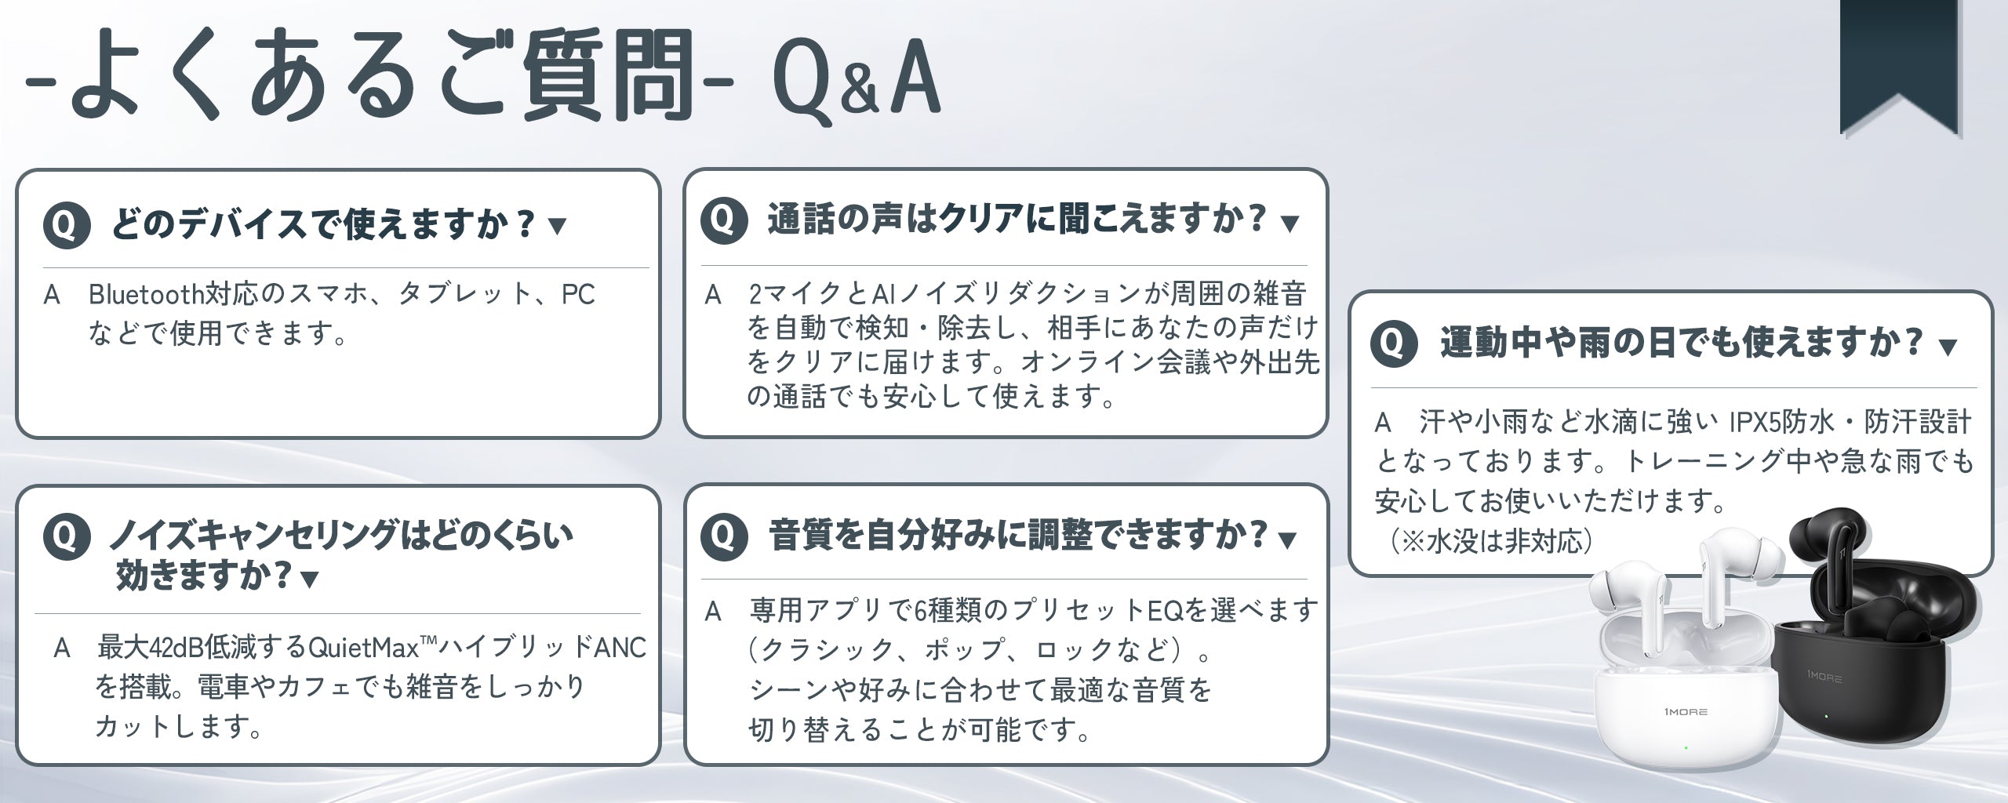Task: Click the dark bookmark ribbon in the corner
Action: click(x=1900, y=63)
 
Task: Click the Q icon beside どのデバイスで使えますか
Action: click(x=67, y=226)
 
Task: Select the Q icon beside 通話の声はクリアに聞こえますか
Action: click(x=724, y=220)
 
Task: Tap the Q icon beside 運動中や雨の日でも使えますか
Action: click(x=1394, y=343)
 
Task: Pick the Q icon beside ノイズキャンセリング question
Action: click(x=67, y=537)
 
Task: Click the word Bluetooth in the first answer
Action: click(x=147, y=294)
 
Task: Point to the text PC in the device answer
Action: click(x=579, y=294)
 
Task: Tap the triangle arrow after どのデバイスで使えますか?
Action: click(x=557, y=227)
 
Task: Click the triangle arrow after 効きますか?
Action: click(x=310, y=580)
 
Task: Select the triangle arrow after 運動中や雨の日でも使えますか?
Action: click(x=1948, y=346)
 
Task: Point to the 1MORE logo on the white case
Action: click(x=1682, y=711)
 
